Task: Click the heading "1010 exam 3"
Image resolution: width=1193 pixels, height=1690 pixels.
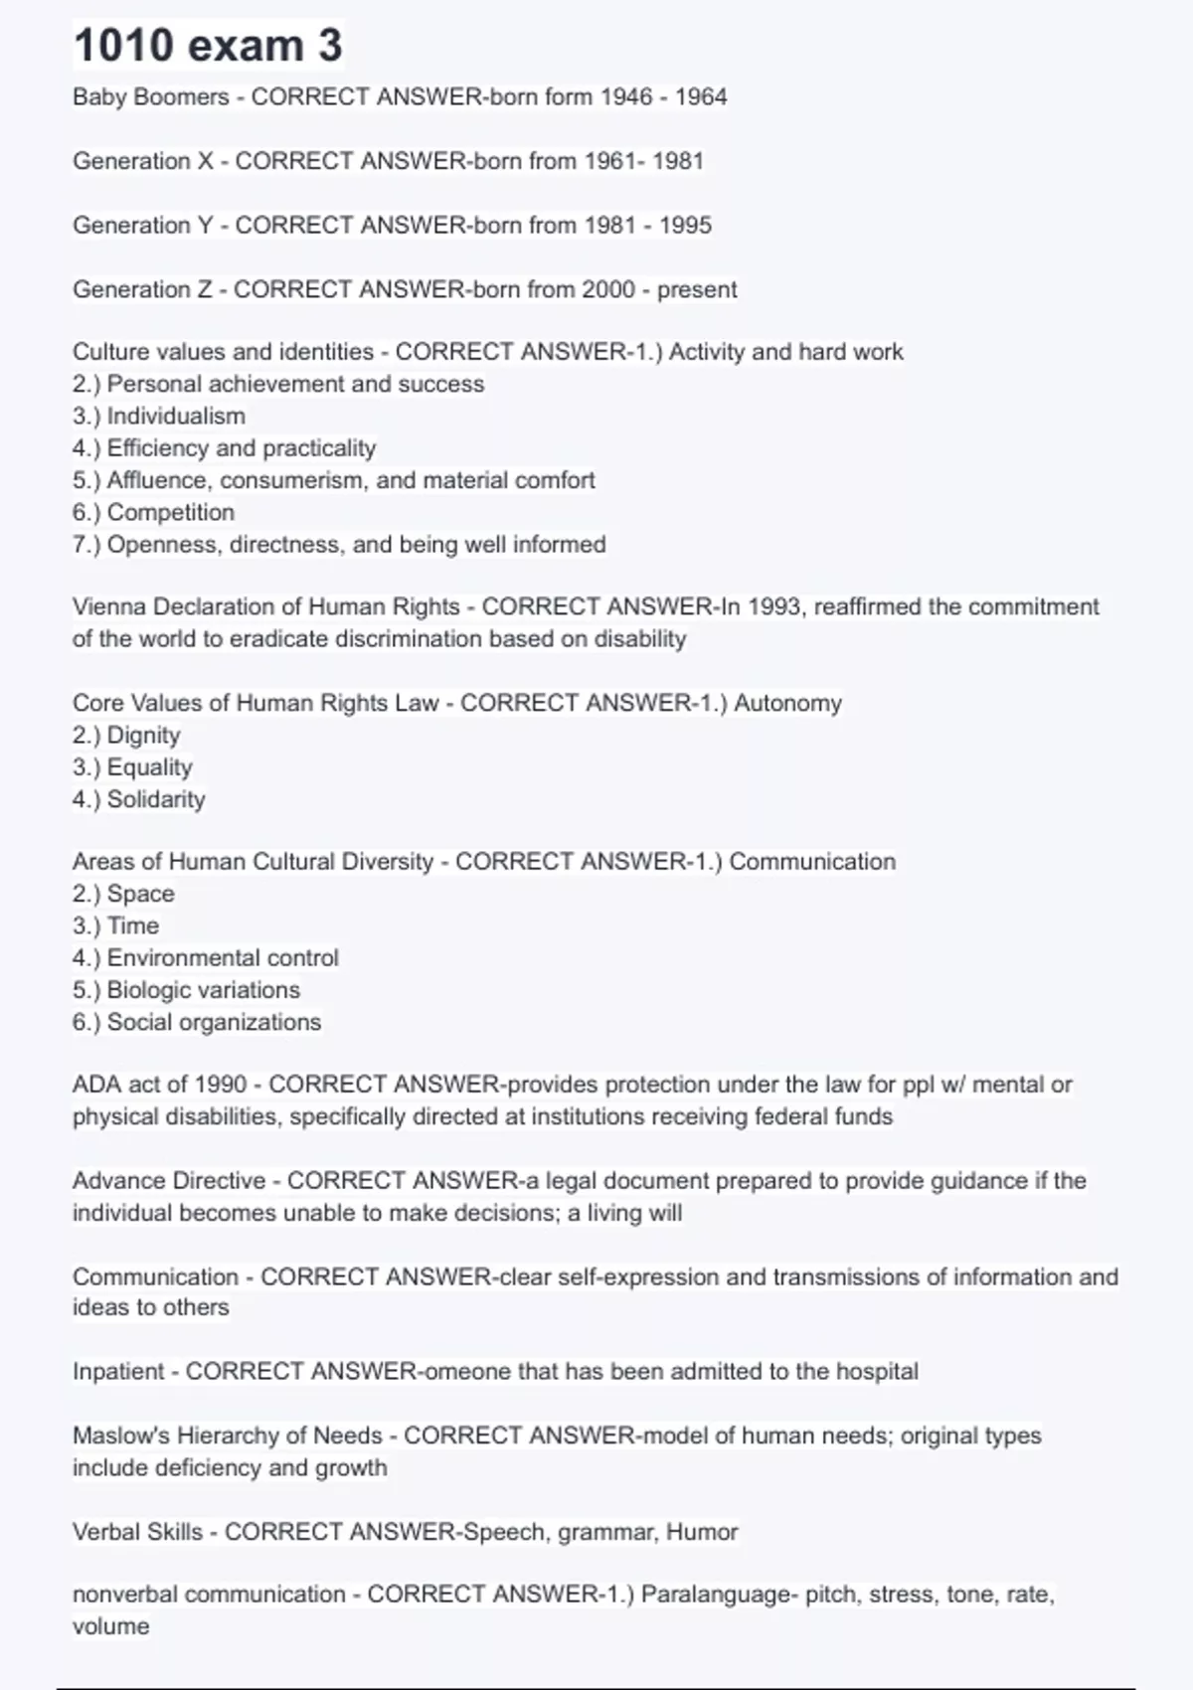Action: [208, 46]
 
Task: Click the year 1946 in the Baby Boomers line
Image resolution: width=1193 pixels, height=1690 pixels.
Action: [626, 97]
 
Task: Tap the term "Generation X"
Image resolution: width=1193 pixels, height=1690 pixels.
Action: [143, 161]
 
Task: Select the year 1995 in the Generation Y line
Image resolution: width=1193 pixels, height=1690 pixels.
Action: [685, 226]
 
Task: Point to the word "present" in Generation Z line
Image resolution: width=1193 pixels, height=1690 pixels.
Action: [697, 290]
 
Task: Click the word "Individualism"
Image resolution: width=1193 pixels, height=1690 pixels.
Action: [176, 417]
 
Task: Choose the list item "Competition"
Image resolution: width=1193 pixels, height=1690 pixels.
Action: [171, 513]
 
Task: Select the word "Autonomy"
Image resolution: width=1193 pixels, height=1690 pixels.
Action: [787, 704]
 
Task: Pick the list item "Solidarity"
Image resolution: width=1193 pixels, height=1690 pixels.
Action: [156, 800]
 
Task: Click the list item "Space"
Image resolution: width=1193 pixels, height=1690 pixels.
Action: [140, 894]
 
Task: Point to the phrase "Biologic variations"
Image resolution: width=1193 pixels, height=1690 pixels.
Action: [204, 990]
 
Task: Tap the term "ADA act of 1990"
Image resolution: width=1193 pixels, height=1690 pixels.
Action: [159, 1085]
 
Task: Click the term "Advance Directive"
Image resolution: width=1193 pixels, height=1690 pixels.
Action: [169, 1181]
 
